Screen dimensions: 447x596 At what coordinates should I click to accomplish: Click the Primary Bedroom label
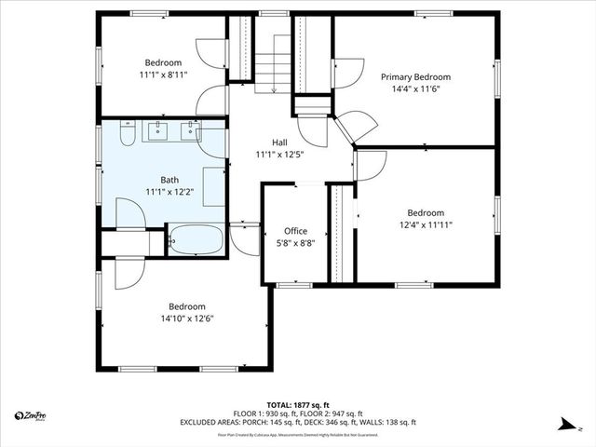pyautogui.click(x=415, y=77)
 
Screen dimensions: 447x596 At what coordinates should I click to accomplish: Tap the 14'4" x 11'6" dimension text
pyautogui.click(x=415, y=89)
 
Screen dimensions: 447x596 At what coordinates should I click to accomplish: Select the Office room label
pyautogui.click(x=295, y=231)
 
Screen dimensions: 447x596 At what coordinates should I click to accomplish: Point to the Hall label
pyautogui.click(x=279, y=142)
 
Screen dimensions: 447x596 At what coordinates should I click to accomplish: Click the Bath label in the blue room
pyautogui.click(x=169, y=181)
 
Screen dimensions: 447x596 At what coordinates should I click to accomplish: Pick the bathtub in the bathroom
pyautogui.click(x=196, y=239)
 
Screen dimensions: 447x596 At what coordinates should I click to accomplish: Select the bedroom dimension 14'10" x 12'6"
pyautogui.click(x=187, y=318)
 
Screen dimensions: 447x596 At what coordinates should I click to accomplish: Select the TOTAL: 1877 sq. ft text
pyautogui.click(x=298, y=405)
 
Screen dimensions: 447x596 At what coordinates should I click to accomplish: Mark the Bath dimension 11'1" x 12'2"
pyautogui.click(x=169, y=193)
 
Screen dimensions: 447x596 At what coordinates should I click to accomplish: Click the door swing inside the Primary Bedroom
pyautogui.click(x=347, y=74)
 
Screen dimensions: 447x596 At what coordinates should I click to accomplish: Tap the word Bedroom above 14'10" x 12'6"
pyautogui.click(x=187, y=306)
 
